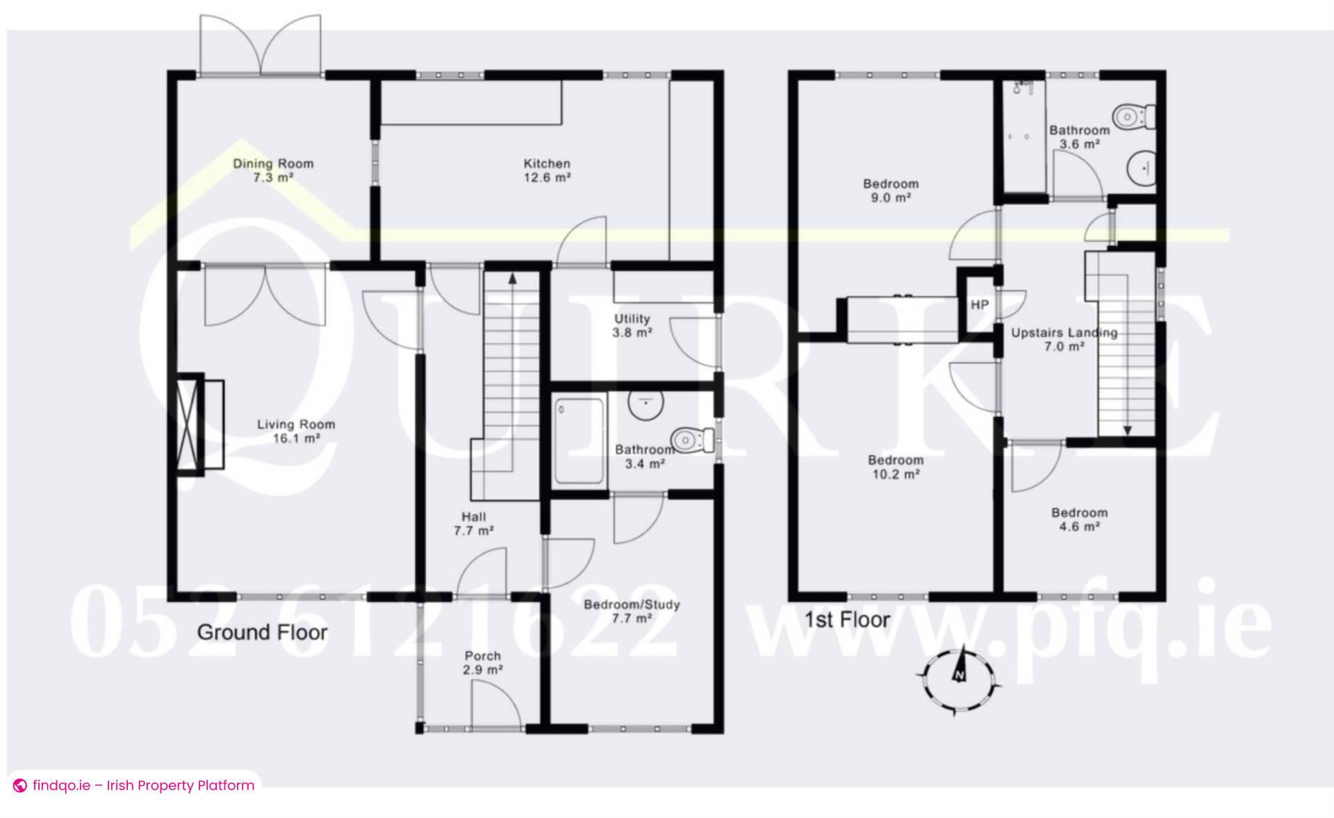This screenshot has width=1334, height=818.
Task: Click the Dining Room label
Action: click(x=273, y=170)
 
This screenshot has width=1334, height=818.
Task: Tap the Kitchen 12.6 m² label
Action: click(x=547, y=170)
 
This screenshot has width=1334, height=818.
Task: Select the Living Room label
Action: click(x=296, y=431)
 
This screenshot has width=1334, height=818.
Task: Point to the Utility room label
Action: click(x=632, y=325)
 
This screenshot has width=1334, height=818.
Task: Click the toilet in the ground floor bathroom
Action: click(x=692, y=439)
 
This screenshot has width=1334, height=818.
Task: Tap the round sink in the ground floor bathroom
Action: click(x=645, y=402)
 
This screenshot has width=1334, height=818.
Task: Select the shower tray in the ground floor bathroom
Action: click(x=579, y=442)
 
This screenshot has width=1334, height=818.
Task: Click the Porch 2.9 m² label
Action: click(x=483, y=663)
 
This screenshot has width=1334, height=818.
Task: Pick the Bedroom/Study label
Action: click(x=632, y=611)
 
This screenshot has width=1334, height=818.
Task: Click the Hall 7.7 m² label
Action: click(x=473, y=523)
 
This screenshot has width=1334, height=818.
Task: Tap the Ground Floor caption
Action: click(x=262, y=632)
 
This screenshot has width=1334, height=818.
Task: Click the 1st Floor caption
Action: click(x=847, y=620)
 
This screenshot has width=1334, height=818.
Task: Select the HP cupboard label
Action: click(x=980, y=305)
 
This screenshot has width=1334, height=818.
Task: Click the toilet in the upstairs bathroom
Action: click(x=1134, y=115)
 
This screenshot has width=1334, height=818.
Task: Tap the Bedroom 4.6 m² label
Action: click(x=1079, y=520)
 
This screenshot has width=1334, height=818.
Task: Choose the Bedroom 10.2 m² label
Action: click(x=896, y=467)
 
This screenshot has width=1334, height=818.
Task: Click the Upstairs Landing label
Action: click(x=1064, y=339)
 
